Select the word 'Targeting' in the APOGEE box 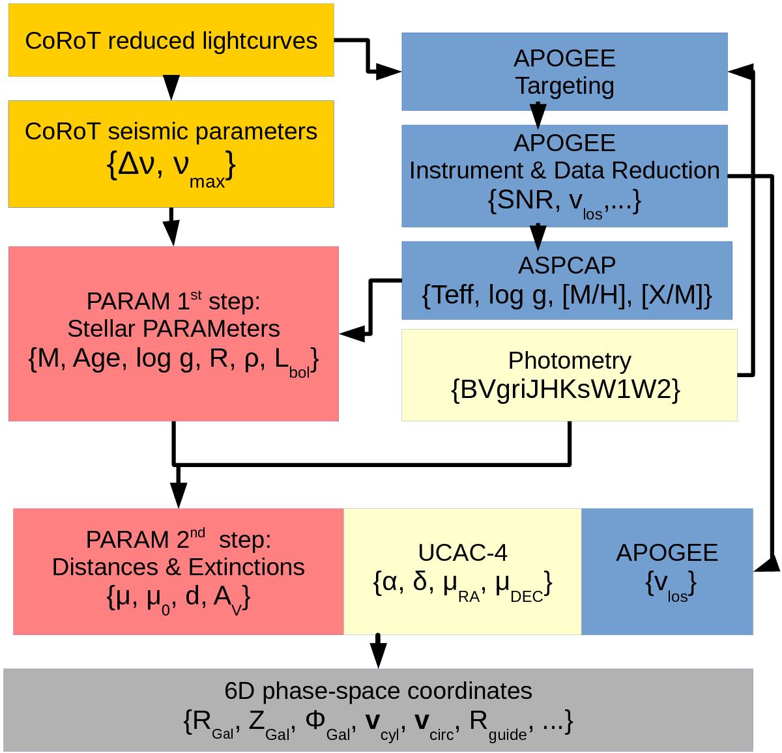point(564,86)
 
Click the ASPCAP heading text point(566,265)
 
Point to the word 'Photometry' point(570,360)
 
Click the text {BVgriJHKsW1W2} point(566,390)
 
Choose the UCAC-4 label point(462,552)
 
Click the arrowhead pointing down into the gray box point(378,654)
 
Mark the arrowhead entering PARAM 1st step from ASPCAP point(352,334)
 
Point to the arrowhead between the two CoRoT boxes point(171,85)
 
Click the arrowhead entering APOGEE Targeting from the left point(389,72)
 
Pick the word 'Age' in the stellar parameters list point(96,358)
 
